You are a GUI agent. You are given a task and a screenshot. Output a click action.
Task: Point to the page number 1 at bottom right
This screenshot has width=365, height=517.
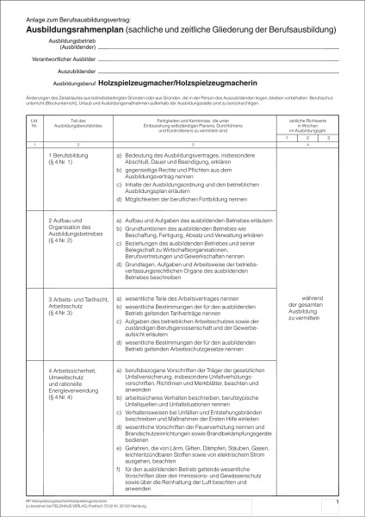tap(339, 501)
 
